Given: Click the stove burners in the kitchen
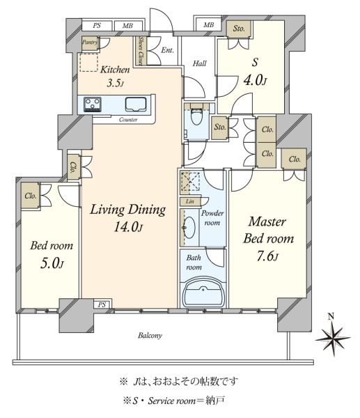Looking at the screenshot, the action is pos(93,104).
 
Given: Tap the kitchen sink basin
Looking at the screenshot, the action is pos(136,104).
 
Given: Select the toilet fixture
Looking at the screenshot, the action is pos(197,115).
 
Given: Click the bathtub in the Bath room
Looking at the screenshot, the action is pos(203,293).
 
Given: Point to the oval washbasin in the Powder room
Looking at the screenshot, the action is pos(189,227).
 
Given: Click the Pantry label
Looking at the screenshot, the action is pos(90,42).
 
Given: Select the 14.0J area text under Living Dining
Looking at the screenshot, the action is pos(128,227).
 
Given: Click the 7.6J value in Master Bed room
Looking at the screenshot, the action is pos(267,256).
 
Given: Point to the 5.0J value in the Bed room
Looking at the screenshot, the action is pos(52,263).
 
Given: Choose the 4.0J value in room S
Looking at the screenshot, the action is pos(255,80).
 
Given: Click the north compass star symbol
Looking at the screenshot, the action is pos(333,339).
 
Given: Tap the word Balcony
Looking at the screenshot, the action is pos(150,335).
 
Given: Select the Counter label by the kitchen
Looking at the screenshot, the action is pos(128,120).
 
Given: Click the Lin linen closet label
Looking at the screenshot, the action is pos(190,201).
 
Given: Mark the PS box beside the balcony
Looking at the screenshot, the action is pos(102,304).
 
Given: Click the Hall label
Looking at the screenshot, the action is pos(200,63).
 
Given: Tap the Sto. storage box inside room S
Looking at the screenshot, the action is pos(239,29).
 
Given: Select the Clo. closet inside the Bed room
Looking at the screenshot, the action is pos(30,196).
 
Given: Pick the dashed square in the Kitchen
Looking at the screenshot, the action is pos(88,63).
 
